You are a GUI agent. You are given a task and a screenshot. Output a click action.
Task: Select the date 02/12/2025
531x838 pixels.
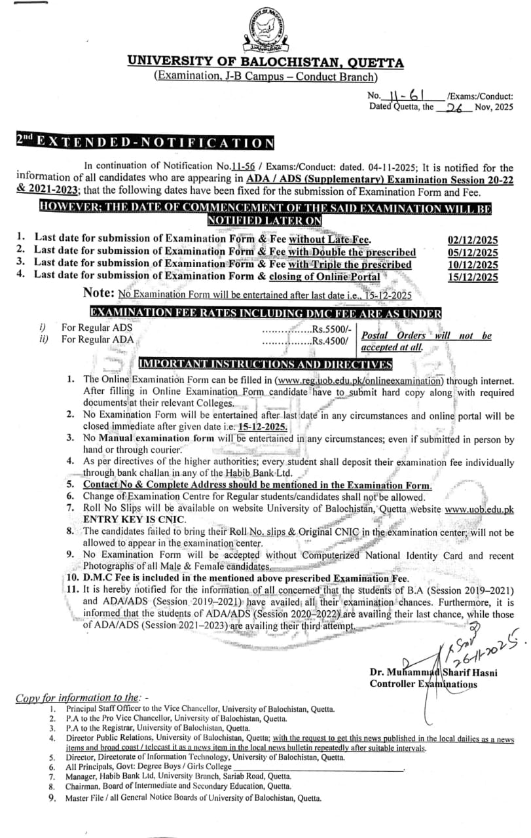pyautogui.click(x=472, y=240)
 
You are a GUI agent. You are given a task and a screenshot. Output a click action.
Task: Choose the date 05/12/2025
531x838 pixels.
pyautogui.click(x=472, y=252)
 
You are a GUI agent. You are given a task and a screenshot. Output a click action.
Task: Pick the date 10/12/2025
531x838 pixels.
pyautogui.click(x=472, y=264)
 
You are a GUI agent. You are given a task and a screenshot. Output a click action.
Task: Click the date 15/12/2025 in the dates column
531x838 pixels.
pyautogui.click(x=472, y=277)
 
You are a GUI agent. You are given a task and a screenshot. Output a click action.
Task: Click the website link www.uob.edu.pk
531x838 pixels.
pyautogui.click(x=479, y=508)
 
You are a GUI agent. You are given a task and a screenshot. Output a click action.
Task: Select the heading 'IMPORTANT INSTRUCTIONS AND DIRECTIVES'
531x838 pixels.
pyautogui.click(x=265, y=364)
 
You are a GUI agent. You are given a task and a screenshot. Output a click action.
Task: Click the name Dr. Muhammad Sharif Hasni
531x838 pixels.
pyautogui.click(x=423, y=672)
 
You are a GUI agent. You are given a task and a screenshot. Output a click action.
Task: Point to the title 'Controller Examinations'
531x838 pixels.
pyautogui.click(x=423, y=684)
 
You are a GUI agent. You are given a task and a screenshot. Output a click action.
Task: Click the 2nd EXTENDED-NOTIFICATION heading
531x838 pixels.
pyautogui.click(x=145, y=142)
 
